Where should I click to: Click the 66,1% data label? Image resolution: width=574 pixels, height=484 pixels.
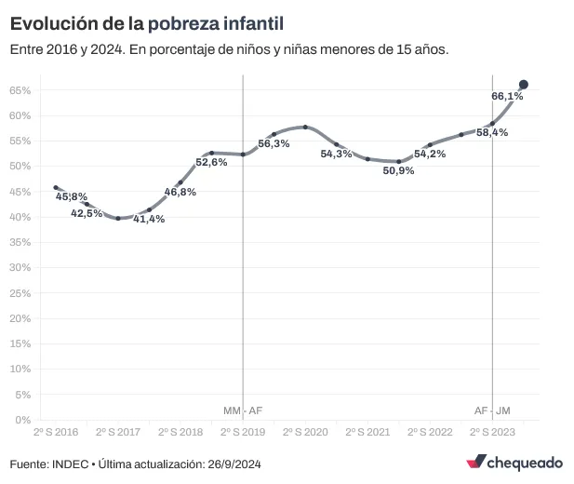(x=507, y=96)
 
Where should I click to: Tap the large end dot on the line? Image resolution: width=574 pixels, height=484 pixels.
(x=524, y=85)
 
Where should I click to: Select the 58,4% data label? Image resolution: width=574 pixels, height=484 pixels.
(x=492, y=133)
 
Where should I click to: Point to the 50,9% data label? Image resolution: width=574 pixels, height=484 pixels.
(x=398, y=170)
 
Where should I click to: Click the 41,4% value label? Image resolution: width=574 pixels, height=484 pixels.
(x=149, y=219)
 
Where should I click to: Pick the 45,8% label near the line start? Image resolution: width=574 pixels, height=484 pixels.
(x=72, y=196)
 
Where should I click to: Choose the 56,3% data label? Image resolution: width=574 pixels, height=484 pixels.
(x=274, y=143)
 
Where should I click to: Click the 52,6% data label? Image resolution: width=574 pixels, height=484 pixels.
(x=211, y=162)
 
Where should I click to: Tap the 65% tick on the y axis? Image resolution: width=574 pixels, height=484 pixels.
(x=20, y=90)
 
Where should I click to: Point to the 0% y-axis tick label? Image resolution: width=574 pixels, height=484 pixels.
(x=24, y=420)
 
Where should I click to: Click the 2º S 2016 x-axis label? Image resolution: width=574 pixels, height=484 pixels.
(x=56, y=433)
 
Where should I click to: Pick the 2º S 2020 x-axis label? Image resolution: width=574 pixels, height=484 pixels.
(x=304, y=433)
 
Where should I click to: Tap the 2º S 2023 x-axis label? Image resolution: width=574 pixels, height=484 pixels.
(x=492, y=433)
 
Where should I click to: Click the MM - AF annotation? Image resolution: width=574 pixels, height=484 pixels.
(x=243, y=410)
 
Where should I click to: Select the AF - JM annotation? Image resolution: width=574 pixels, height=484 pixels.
(x=492, y=410)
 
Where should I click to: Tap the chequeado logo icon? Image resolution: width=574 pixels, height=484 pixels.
(x=476, y=463)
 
